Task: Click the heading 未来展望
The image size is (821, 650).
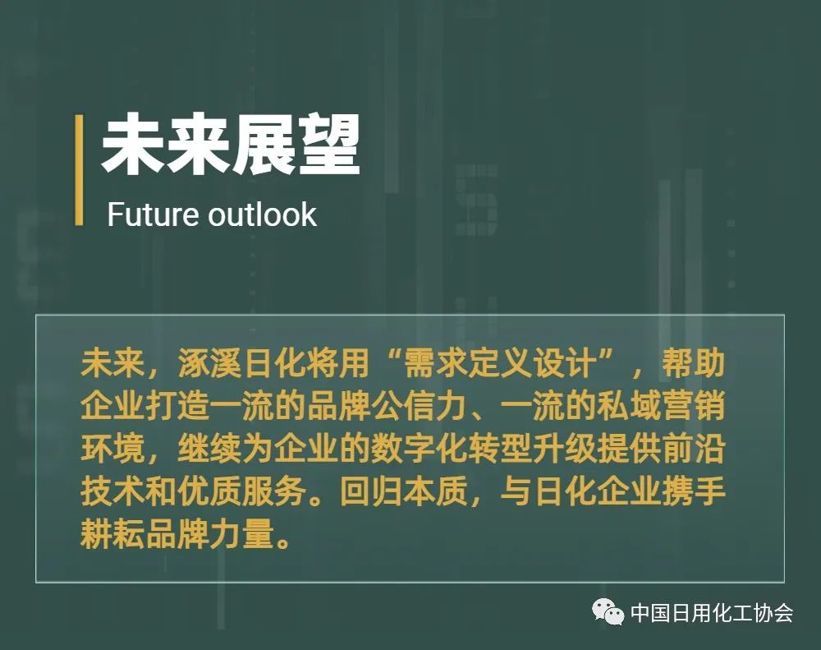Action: pos(231,145)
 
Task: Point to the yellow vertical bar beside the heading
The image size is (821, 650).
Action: pos(79,170)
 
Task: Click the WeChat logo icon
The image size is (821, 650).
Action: pos(608,611)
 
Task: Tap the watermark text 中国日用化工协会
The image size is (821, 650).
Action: pos(712,612)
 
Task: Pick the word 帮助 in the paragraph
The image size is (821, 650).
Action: pos(694,362)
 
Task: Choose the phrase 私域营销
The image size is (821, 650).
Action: pos(661,406)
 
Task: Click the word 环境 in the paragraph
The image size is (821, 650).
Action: pos(112,449)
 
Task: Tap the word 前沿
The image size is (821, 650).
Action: pos(694,449)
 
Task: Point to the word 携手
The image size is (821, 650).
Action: pos(694,491)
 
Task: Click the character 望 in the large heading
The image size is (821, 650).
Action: pos(330,145)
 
